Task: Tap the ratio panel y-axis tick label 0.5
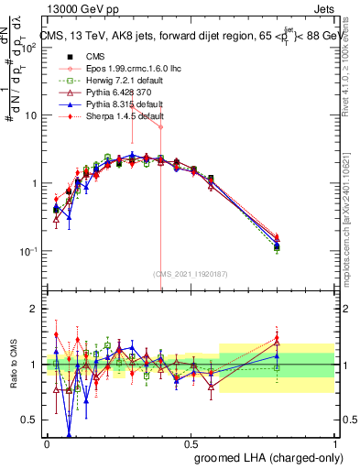[30, 420]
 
